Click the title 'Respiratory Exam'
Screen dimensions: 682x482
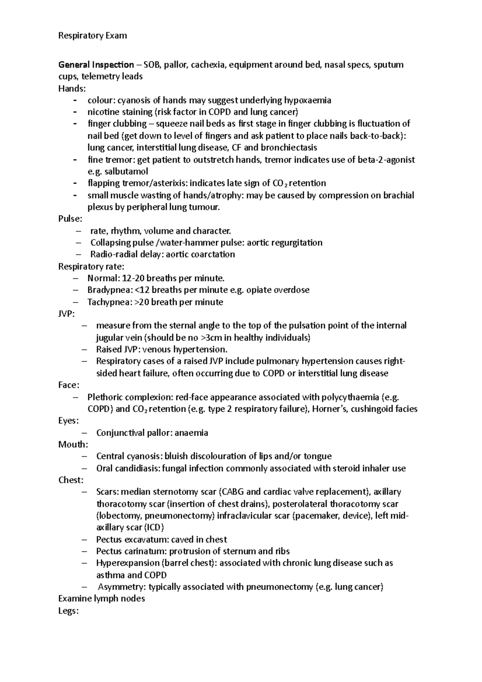tap(92, 36)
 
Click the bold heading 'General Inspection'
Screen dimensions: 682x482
tap(96, 65)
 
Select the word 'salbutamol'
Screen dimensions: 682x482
tap(126, 172)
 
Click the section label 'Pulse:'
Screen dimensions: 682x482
tap(70, 219)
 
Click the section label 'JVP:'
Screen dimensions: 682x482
tap(66, 314)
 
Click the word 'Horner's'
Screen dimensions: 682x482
tap(324, 409)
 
